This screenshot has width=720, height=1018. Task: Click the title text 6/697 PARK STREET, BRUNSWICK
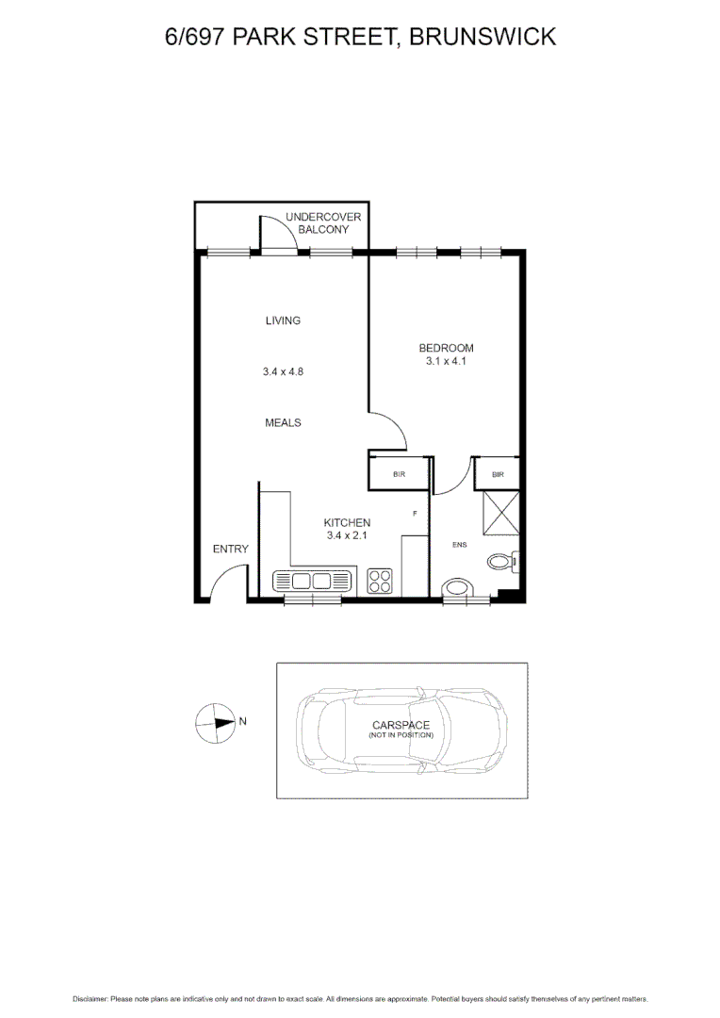tap(359, 37)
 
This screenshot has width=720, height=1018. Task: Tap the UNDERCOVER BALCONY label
tap(323, 223)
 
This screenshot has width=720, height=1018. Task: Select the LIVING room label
tap(283, 320)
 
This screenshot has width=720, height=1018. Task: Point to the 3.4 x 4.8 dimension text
tap(283, 371)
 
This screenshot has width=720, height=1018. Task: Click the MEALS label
tap(283, 422)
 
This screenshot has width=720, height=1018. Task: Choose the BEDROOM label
tap(446, 348)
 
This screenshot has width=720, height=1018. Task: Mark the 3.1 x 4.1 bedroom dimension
tap(446, 361)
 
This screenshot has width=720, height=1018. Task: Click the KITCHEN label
tap(347, 522)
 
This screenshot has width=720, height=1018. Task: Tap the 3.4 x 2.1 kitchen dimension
tap(347, 535)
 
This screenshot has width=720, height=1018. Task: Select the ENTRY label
tap(230, 549)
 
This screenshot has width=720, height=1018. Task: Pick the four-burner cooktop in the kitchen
tap(380, 581)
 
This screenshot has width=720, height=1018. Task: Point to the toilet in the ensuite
tap(501, 563)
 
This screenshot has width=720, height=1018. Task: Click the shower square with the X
tap(500, 513)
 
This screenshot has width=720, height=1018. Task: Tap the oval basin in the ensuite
tap(461, 590)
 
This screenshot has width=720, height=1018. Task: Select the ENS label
tap(460, 545)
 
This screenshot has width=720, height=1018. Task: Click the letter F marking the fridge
tap(415, 513)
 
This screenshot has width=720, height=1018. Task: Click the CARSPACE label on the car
tap(401, 725)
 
